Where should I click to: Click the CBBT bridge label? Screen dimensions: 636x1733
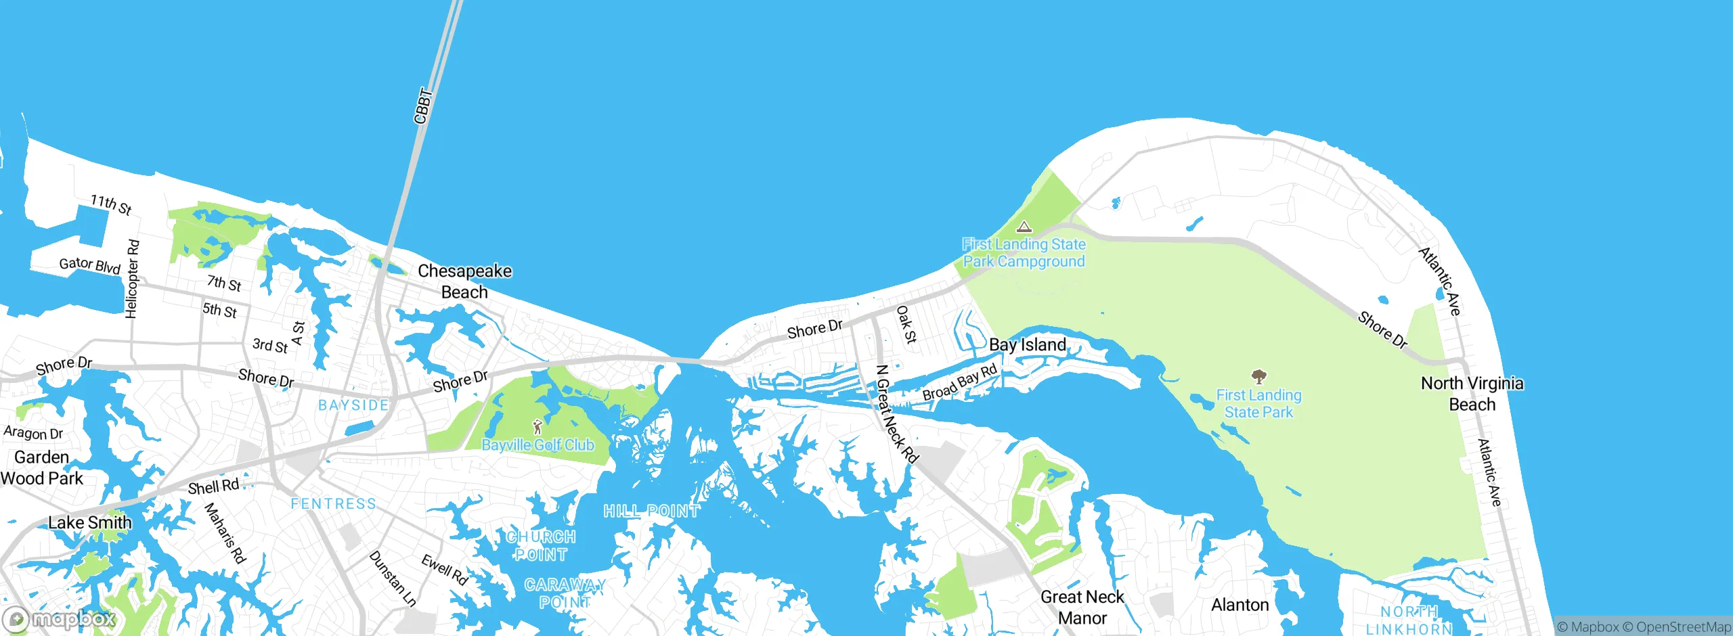pyautogui.click(x=423, y=106)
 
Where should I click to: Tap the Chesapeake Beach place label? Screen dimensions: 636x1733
pyautogui.click(x=464, y=281)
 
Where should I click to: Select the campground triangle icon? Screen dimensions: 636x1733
pyautogui.click(x=1024, y=227)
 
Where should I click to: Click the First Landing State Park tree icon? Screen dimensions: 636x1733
pyautogui.click(x=1258, y=376)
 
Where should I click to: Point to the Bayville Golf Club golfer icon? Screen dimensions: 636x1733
pyautogui.click(x=538, y=427)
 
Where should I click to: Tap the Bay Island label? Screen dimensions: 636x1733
pyautogui.click(x=1027, y=345)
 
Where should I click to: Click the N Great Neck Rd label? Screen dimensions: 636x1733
pyautogui.click(x=896, y=414)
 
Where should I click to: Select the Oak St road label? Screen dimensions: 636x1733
pyautogui.click(x=906, y=324)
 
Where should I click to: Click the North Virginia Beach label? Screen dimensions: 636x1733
pyautogui.click(x=1472, y=394)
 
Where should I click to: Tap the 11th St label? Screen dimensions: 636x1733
pyautogui.click(x=111, y=204)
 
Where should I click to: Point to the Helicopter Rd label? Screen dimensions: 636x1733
pyautogui.click(x=132, y=278)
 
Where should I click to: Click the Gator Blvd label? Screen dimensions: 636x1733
pyautogui.click(x=89, y=265)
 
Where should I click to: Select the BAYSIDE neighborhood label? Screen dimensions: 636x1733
pyautogui.click(x=353, y=405)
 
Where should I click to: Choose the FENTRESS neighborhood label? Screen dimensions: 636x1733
pyautogui.click(x=333, y=504)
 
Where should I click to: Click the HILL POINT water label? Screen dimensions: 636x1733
pyautogui.click(x=651, y=511)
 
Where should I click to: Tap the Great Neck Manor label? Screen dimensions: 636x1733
pyautogui.click(x=1082, y=607)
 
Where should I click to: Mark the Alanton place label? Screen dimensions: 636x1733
pyautogui.click(x=1240, y=605)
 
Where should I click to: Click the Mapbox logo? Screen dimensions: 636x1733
pyautogui.click(x=59, y=619)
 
